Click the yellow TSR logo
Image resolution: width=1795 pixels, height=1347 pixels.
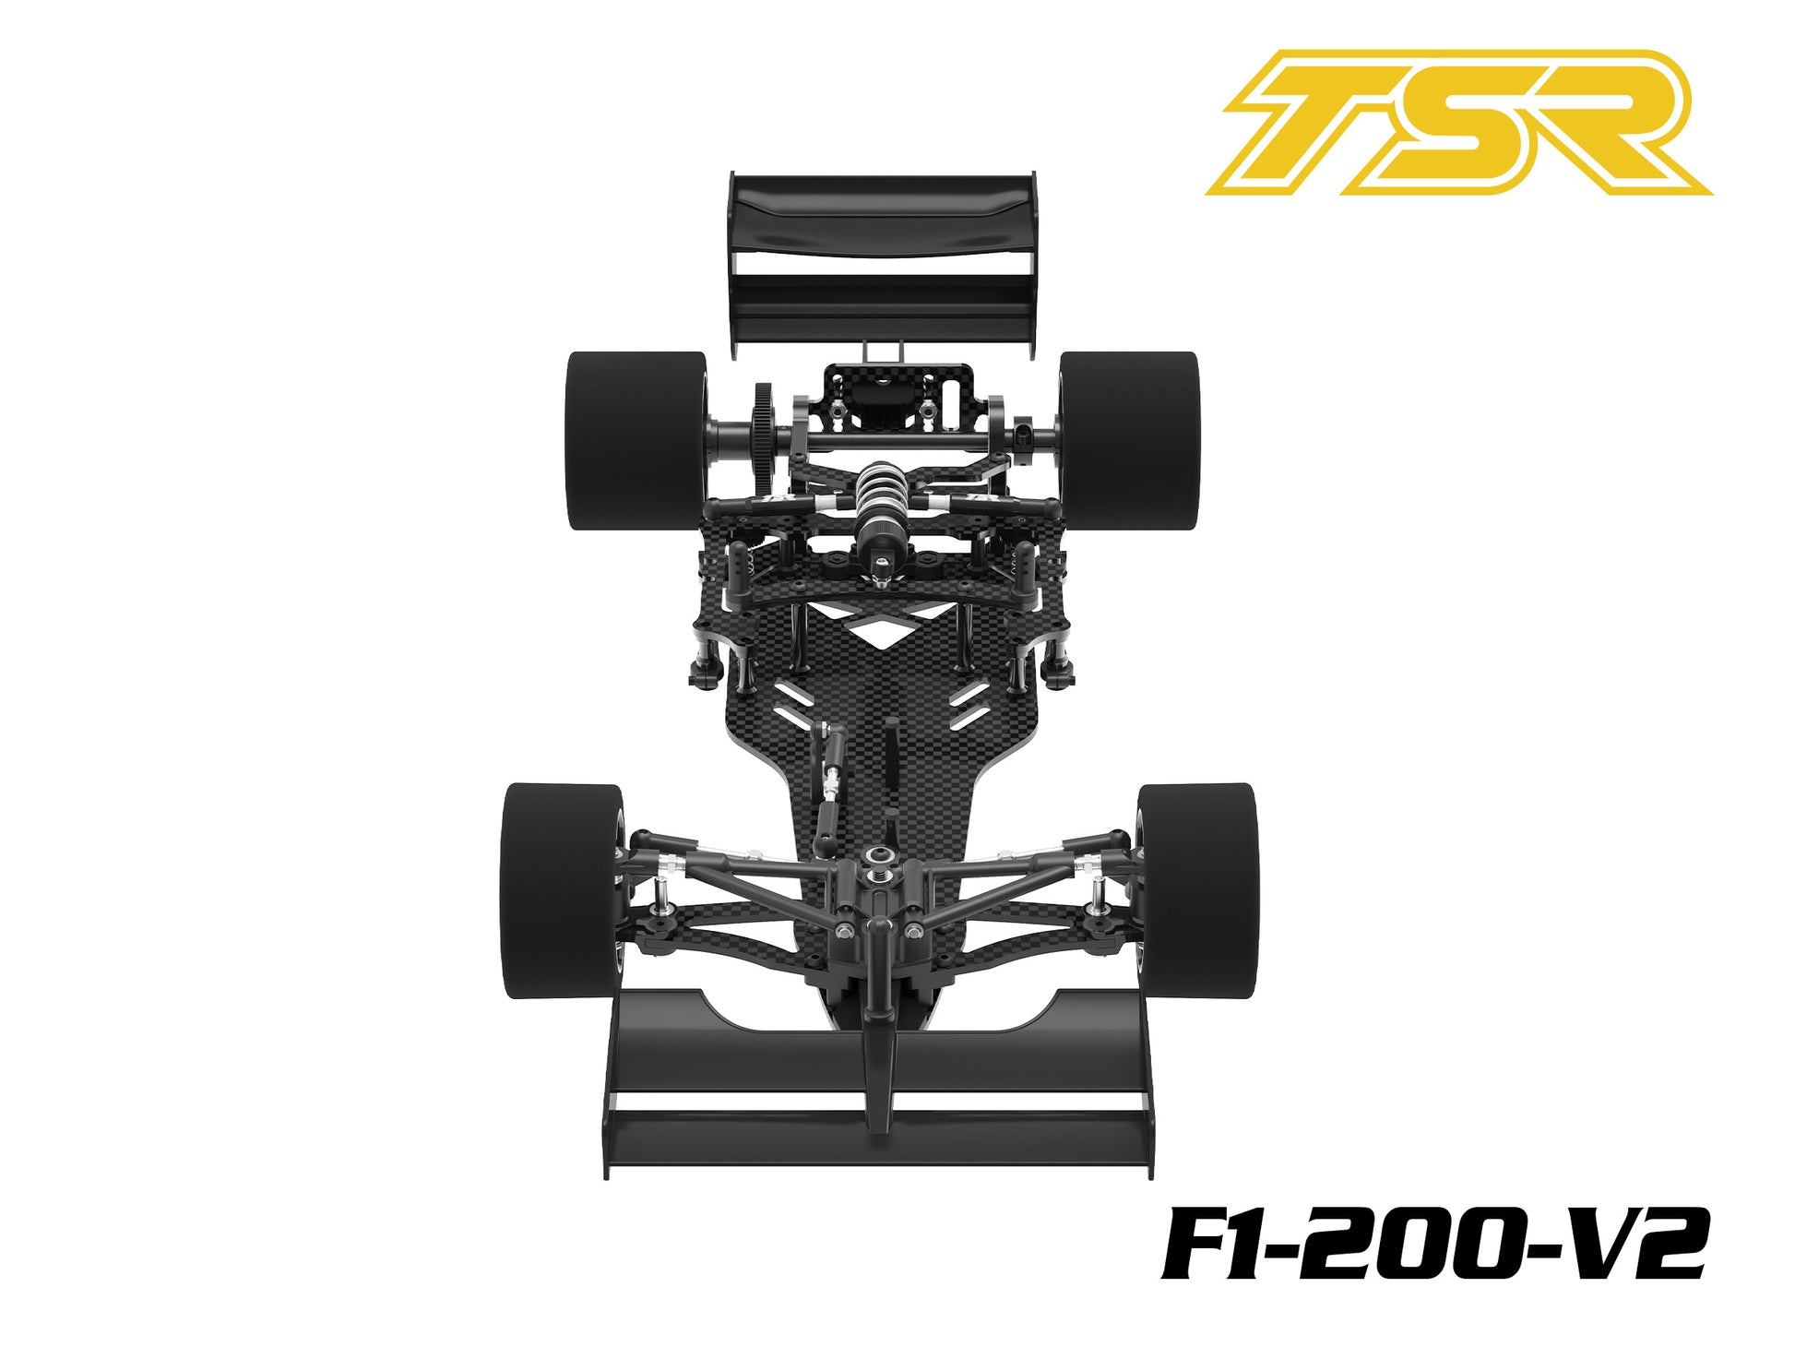click(1457, 122)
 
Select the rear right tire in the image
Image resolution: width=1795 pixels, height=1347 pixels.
click(1129, 440)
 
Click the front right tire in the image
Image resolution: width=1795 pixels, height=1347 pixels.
click(1197, 890)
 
